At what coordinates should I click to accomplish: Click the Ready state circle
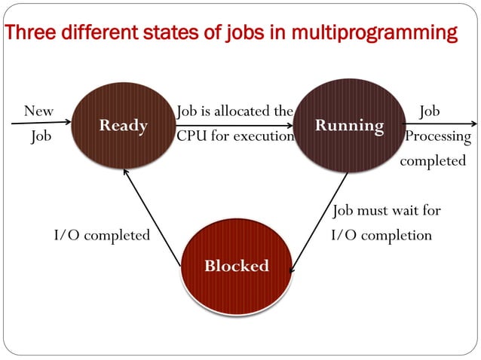[123, 125]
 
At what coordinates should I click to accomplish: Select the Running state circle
[349, 125]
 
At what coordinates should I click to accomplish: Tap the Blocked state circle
[236, 266]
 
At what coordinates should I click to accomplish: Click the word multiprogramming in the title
[375, 34]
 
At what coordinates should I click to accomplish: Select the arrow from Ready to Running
[234, 124]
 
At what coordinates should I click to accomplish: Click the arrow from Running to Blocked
[318, 222]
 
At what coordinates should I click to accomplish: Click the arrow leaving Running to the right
[441, 124]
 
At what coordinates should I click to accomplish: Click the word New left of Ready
[38, 111]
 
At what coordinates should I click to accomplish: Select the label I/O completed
[102, 236]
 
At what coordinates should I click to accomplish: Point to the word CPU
[190, 137]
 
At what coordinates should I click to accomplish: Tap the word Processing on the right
[438, 137]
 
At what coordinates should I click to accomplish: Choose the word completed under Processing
[433, 161]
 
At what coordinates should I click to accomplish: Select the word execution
[263, 137]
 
